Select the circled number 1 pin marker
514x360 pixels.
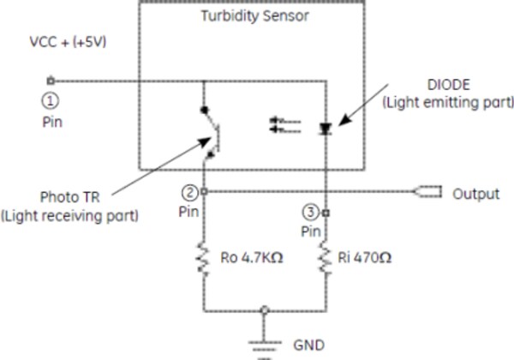coord(49,99)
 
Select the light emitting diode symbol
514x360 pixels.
coord(326,129)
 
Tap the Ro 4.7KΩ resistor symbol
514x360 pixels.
coord(203,256)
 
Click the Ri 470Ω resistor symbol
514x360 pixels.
coord(326,256)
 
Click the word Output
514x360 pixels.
coord(475,194)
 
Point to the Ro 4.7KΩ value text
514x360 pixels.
coord(253,256)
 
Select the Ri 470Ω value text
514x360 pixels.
coord(369,256)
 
